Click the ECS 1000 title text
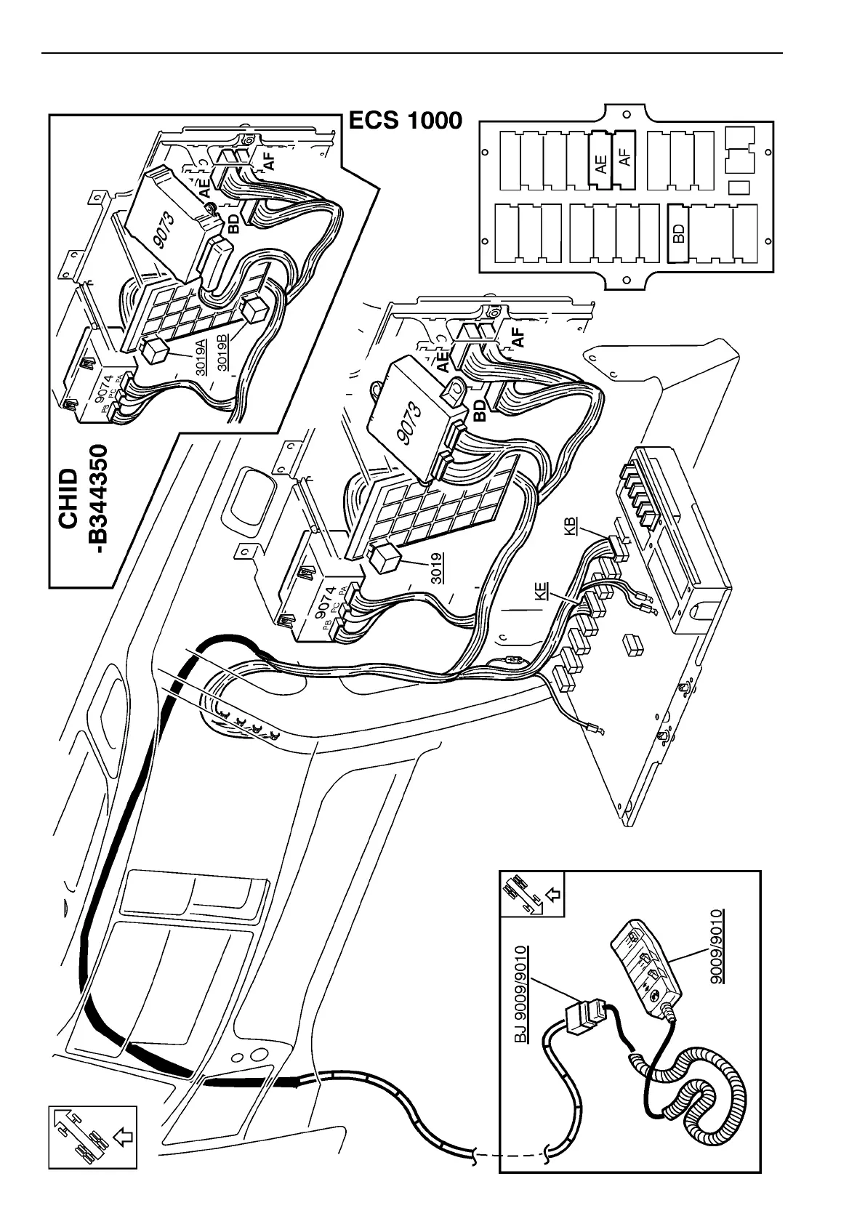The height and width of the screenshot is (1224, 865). pos(405,120)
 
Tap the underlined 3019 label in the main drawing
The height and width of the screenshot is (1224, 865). pos(438,568)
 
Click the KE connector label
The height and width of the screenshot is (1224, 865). pos(541,590)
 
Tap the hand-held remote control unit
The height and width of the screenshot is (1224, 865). pos(645,964)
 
